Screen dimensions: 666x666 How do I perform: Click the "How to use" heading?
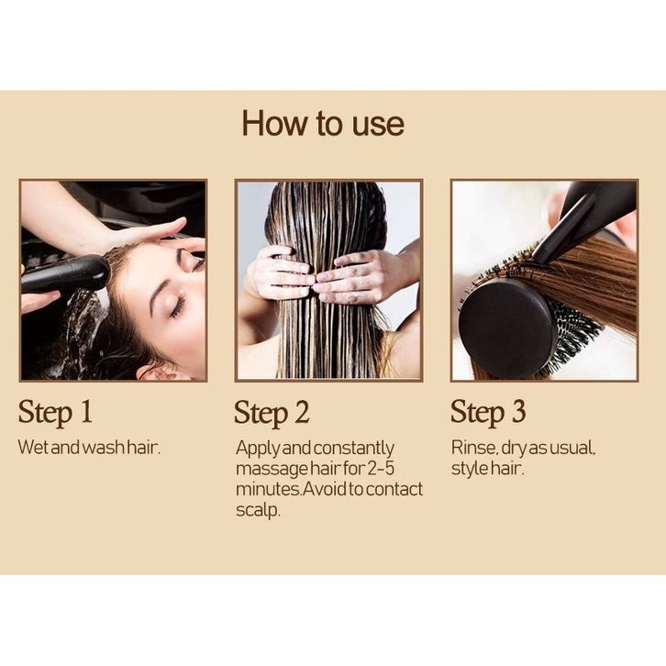[323, 123]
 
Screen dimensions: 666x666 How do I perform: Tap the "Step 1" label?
[55, 412]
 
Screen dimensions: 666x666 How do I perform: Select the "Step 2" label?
[272, 413]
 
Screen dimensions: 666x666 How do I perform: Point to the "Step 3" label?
[488, 412]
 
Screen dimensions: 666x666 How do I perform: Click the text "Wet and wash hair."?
[89, 448]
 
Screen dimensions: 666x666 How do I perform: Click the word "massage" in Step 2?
[272, 469]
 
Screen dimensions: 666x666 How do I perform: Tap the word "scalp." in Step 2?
[259, 510]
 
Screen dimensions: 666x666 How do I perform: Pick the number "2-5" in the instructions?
[381, 468]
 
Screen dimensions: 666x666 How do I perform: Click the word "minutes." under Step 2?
[269, 489]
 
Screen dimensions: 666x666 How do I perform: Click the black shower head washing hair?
[66, 273]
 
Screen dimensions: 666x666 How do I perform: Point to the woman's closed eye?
[178, 305]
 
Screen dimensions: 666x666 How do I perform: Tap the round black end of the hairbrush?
[507, 328]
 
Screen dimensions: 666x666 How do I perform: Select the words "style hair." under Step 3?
[488, 469]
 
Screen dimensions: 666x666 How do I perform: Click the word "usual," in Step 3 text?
[572, 448]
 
